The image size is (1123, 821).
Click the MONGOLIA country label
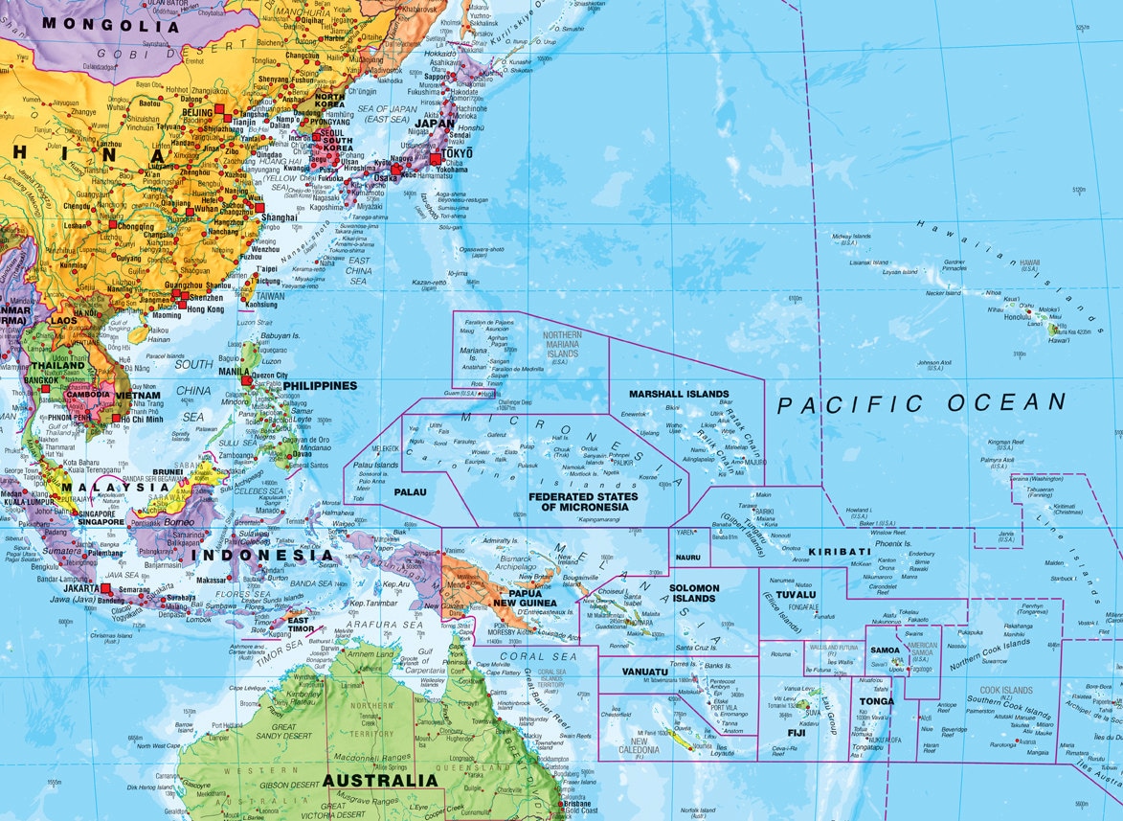click(111, 25)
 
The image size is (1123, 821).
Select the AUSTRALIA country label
click(380, 781)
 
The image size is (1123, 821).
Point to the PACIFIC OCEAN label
click(920, 403)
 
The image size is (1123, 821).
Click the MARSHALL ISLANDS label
click(679, 394)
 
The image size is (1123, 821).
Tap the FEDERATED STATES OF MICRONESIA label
click(581, 501)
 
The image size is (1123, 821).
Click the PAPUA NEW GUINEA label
click(519, 597)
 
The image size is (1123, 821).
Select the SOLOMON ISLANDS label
click(692, 592)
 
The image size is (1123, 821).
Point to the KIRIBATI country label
click(839, 552)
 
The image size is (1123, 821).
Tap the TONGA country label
click(876, 701)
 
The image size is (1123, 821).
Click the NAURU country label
click(687, 557)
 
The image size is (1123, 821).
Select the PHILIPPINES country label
click(319, 386)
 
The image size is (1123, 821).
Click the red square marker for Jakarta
click(106, 589)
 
